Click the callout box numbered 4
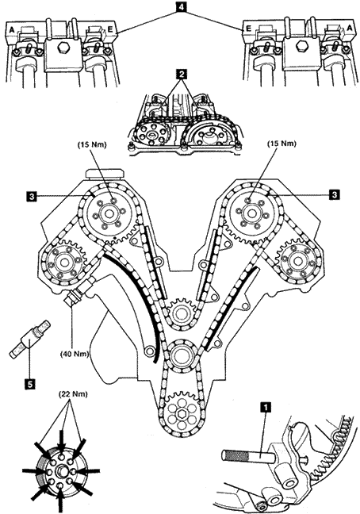click(x=181, y=6)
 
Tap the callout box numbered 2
click(x=181, y=75)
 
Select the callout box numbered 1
click(x=266, y=407)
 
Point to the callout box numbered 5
click(x=29, y=384)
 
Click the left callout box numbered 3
click(x=32, y=196)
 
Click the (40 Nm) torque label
click(x=74, y=355)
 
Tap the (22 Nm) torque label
click(x=73, y=394)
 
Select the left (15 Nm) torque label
click(x=92, y=144)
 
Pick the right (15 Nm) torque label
click(x=281, y=144)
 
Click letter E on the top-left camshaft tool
click(x=109, y=29)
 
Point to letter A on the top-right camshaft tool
click(x=350, y=29)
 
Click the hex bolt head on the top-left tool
click(x=62, y=48)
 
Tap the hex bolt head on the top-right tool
click(x=300, y=48)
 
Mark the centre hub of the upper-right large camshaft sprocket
click(x=251, y=213)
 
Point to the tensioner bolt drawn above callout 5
click(x=29, y=339)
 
